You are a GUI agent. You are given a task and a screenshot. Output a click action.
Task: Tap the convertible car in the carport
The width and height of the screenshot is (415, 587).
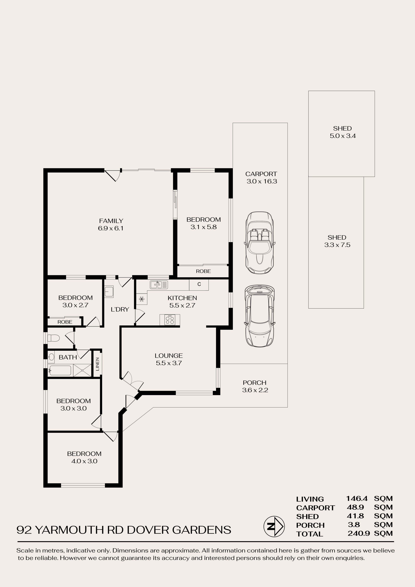click(x=260, y=242)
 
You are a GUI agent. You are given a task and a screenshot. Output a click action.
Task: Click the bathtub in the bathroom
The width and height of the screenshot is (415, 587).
click(x=60, y=370)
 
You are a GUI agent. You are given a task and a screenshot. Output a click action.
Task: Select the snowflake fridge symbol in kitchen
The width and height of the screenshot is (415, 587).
click(x=142, y=299)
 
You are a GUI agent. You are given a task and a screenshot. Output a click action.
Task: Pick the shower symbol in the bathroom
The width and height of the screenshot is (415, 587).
click(x=82, y=370)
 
